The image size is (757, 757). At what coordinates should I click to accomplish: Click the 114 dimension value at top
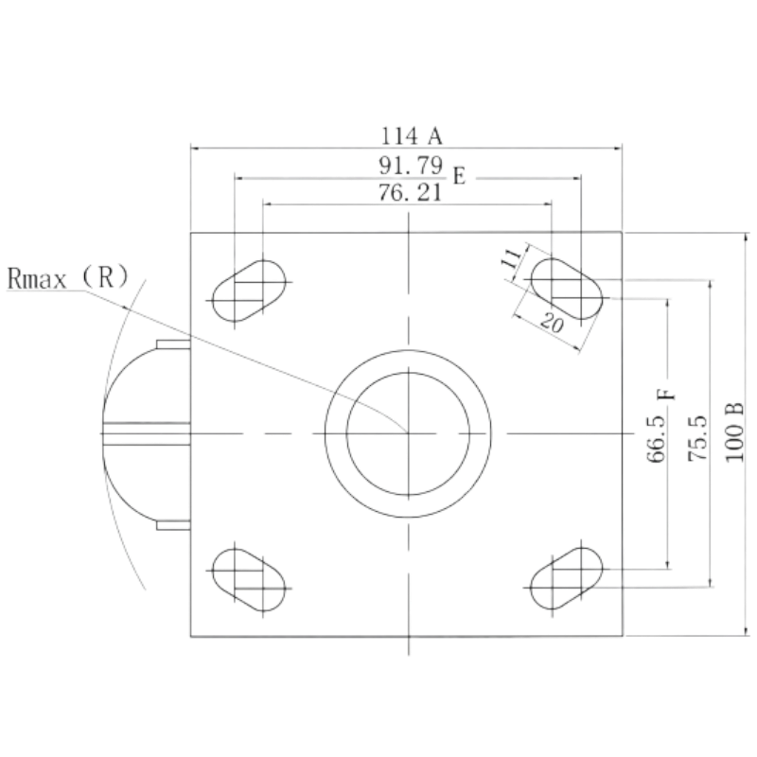tap(399, 136)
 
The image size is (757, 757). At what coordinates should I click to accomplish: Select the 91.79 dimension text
tap(411, 166)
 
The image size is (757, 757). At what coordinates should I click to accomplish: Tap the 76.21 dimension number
tap(410, 193)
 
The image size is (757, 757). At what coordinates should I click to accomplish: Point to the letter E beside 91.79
tap(459, 176)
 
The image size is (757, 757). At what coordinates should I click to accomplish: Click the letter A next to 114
tap(435, 136)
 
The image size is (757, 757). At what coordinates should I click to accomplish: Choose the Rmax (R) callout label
tap(68, 277)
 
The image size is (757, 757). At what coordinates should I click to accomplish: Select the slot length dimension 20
tap(552, 323)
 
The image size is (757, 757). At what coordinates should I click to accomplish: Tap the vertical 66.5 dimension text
tap(656, 438)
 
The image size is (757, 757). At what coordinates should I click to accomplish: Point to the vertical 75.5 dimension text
tap(697, 438)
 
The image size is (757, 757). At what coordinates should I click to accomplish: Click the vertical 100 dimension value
tap(735, 443)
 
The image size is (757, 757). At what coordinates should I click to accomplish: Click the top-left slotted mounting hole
tap(249, 290)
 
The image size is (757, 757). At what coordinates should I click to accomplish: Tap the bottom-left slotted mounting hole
tap(249, 579)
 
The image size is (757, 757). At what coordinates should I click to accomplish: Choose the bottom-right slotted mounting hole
tap(566, 578)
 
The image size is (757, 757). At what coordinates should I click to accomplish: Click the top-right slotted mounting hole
tap(566, 289)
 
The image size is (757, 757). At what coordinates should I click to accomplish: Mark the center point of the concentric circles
tap(409, 433)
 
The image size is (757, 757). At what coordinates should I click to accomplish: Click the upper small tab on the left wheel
tap(173, 344)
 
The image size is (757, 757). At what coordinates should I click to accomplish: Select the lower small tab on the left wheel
tap(173, 525)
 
